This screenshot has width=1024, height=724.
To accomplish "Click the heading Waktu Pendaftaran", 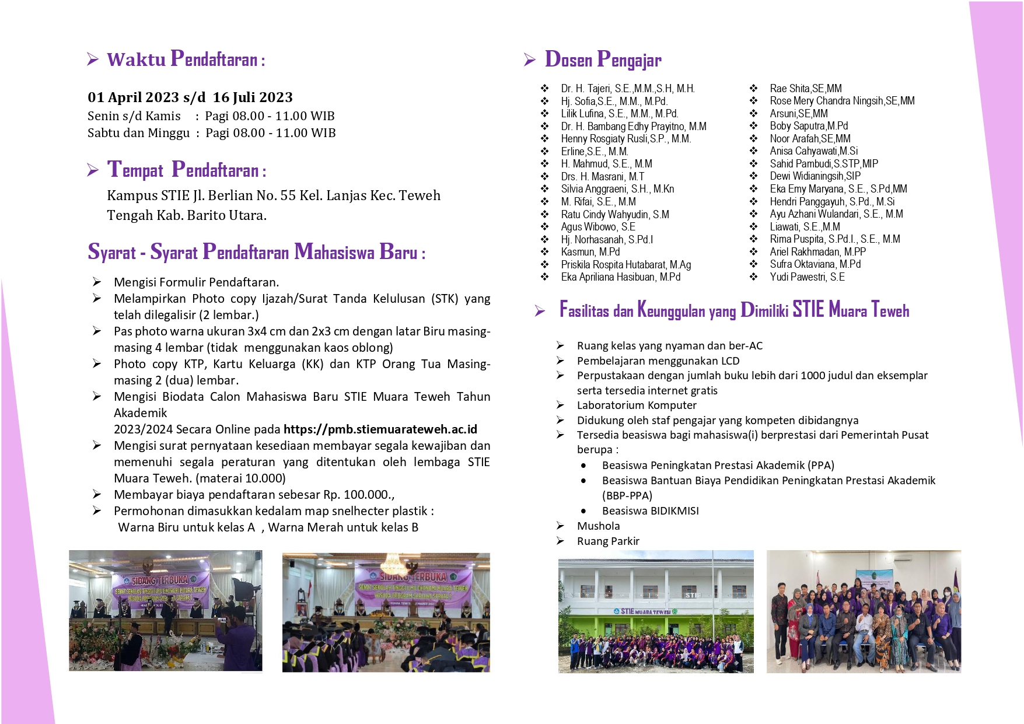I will (x=186, y=60).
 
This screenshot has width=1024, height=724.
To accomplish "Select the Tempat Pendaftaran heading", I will (x=186, y=170).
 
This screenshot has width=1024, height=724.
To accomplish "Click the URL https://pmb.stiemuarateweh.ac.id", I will (x=380, y=429).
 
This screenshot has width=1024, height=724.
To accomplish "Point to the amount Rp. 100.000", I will (x=357, y=495).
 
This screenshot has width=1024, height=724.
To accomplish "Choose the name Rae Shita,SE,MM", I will (x=805, y=89).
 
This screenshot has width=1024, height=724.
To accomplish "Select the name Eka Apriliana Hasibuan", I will (x=620, y=277).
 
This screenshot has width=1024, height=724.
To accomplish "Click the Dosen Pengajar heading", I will (x=603, y=60).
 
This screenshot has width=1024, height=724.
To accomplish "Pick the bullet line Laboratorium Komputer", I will (x=637, y=405).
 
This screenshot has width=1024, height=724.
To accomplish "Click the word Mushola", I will (x=598, y=526).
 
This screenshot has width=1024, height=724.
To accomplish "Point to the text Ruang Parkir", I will (x=608, y=541).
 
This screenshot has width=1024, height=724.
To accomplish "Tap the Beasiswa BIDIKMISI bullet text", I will (x=650, y=511).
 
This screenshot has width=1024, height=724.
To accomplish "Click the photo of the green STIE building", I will (x=655, y=611).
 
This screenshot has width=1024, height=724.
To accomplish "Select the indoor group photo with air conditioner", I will (x=863, y=611).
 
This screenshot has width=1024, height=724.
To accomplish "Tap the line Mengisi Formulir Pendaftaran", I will (x=196, y=282).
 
